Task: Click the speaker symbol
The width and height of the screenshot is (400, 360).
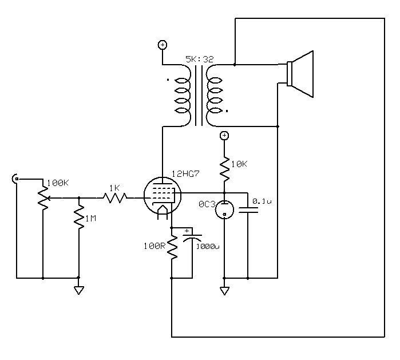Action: click(x=300, y=74)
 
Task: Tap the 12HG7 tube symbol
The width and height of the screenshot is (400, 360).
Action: click(x=161, y=197)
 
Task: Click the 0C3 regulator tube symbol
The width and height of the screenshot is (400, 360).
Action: click(x=224, y=209)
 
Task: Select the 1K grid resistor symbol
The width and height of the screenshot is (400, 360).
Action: click(x=115, y=197)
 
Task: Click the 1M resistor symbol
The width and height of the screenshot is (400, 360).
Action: click(x=78, y=219)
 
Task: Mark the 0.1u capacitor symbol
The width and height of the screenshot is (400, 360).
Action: click(x=248, y=209)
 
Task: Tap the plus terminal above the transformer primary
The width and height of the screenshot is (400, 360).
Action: click(x=163, y=45)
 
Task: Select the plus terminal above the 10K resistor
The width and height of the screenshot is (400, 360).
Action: click(x=224, y=136)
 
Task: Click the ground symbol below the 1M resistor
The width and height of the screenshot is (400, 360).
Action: click(x=78, y=290)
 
